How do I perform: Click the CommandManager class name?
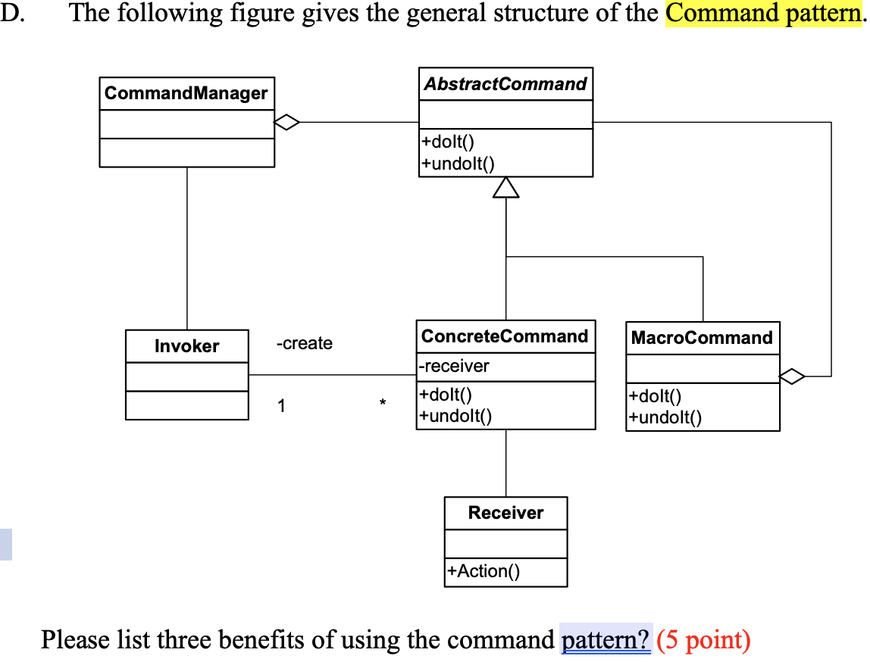point(186,93)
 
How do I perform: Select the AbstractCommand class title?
point(505,84)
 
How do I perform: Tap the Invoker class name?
point(186,346)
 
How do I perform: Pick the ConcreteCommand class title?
point(505,336)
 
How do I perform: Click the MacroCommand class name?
point(702,338)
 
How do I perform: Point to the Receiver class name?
point(505,513)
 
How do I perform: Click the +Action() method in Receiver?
point(484,571)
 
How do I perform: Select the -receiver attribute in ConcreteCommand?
point(455,367)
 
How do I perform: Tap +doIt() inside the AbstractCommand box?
point(448,142)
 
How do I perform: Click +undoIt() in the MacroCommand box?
point(665,417)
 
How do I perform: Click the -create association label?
point(304,344)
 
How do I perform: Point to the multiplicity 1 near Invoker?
point(281,406)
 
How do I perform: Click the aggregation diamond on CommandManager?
point(287,121)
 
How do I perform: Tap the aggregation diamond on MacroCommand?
point(792,375)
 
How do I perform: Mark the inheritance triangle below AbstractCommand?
point(506,187)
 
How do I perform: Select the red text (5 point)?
point(703,640)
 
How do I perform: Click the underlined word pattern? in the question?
point(606,640)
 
